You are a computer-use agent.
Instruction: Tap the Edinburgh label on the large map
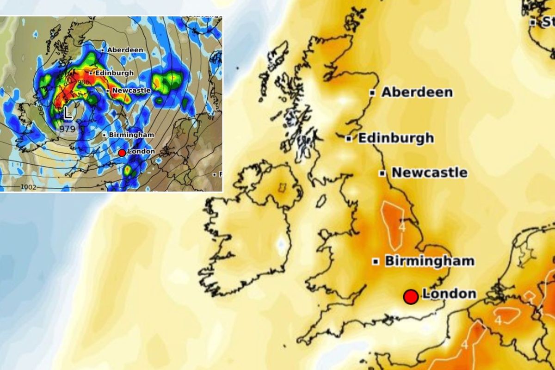[396, 138]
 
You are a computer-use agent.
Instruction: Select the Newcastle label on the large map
[430, 173]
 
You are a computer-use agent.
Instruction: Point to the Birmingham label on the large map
[430, 261]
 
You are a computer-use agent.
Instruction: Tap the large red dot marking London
[411, 296]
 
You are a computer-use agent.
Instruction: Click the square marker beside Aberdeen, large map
[372, 92]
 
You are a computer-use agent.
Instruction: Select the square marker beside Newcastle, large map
[382, 173]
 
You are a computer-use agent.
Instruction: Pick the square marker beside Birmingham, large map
[376, 261]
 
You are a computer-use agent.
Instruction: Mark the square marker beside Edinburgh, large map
[349, 138]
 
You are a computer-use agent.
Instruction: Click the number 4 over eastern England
[402, 228]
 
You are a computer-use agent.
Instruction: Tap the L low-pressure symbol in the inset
[68, 112]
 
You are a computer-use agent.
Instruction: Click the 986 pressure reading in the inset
[83, 82]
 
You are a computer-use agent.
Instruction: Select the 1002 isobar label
[29, 187]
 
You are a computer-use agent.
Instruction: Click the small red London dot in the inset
[122, 153]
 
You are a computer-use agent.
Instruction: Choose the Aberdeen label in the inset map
[125, 49]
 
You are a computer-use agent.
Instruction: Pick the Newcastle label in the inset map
[131, 91]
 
